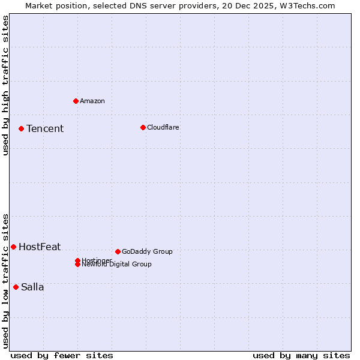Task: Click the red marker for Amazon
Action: click(76, 101)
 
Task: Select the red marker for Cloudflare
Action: click(143, 127)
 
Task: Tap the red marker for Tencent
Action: click(21, 128)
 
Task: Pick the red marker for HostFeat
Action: click(13, 247)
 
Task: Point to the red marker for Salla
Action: click(16, 287)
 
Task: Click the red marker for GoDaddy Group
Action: click(118, 251)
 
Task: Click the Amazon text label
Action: click(92, 101)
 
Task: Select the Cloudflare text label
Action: click(163, 127)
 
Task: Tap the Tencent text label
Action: click(45, 128)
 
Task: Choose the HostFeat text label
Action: click(40, 247)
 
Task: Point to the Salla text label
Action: click(32, 287)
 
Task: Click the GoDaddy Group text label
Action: click(147, 251)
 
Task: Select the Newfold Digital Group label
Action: click(117, 265)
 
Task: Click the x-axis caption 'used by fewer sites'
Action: click(62, 355)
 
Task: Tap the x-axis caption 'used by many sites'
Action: click(301, 355)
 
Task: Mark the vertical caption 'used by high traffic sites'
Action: click(5, 85)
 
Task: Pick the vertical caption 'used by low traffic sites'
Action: click(5, 281)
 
